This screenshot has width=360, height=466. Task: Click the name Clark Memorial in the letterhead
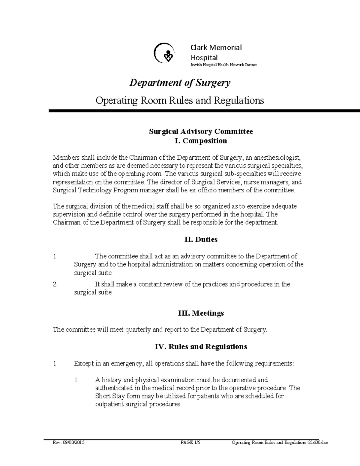[216, 47]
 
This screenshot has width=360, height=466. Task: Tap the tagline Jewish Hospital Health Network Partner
[224, 65]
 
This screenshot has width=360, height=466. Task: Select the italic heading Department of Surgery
[180, 83]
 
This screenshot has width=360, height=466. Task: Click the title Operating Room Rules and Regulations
[180, 100]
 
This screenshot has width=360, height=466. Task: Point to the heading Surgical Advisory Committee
[201, 131]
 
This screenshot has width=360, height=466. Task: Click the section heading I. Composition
[201, 141]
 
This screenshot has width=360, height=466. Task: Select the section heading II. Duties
[201, 239]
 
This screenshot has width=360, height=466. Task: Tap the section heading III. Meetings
[201, 313]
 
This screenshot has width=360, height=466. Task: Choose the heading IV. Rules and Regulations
[201, 347]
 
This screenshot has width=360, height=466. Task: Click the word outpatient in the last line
[109, 404]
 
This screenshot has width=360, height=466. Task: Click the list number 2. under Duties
[55, 284]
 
